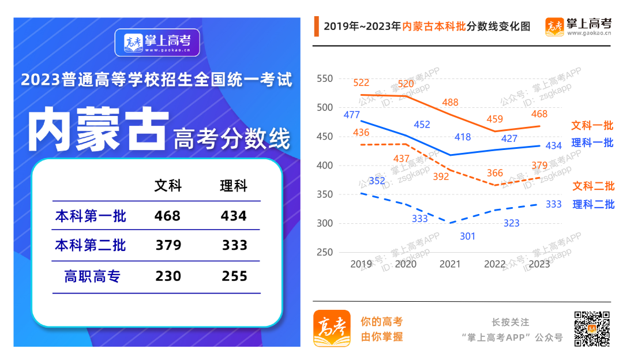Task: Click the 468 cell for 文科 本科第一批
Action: (x=167, y=216)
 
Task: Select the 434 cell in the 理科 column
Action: (x=234, y=216)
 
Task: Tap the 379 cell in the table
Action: (x=168, y=246)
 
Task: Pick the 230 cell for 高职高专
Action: (x=168, y=276)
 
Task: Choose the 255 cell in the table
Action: (x=235, y=276)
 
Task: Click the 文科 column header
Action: (x=168, y=186)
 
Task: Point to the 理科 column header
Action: (x=234, y=186)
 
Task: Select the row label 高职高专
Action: (x=92, y=276)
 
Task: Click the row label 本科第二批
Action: (x=91, y=246)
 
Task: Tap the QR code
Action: (x=591, y=328)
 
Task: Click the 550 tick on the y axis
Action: (x=325, y=78)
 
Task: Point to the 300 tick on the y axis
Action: (x=325, y=223)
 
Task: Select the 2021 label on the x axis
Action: (x=451, y=264)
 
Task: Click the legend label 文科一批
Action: (x=592, y=125)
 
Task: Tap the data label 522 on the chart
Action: (x=361, y=83)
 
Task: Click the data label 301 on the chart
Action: (x=468, y=236)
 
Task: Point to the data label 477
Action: (x=351, y=114)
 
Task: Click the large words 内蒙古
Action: (x=98, y=129)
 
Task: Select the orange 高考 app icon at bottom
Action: (x=332, y=328)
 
